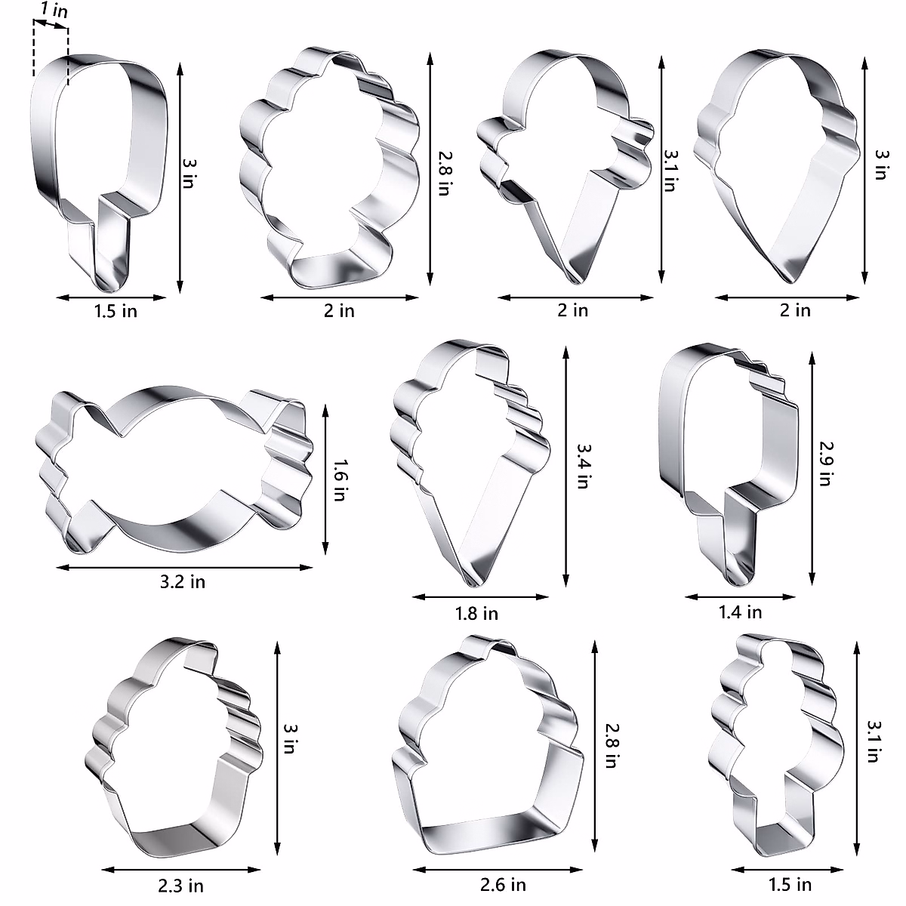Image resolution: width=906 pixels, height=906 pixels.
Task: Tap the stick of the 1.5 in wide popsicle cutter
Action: coord(106,249)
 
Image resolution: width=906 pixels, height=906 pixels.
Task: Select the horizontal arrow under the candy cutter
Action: coord(184,566)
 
